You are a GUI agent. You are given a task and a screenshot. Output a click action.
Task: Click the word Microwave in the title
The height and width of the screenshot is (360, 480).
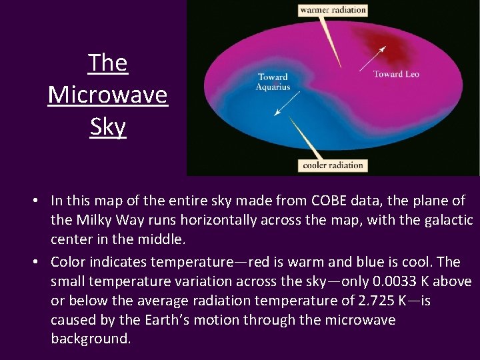coord(107,95)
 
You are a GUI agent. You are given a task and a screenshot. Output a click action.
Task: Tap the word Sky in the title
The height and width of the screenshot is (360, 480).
coord(107,126)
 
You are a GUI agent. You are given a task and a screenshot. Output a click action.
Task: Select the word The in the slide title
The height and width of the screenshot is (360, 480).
coord(107,63)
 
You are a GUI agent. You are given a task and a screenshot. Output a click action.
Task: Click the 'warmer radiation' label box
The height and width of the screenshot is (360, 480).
coord(333,9)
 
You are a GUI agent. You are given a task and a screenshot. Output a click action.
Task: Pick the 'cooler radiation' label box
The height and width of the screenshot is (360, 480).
coord(333,165)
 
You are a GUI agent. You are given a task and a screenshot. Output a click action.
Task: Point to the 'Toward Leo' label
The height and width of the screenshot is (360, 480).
coord(396,74)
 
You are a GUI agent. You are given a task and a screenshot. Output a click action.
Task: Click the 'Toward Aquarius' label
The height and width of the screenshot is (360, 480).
coord(274,82)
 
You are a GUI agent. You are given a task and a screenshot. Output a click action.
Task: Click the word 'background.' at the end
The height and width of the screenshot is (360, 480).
coord(91,339)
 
